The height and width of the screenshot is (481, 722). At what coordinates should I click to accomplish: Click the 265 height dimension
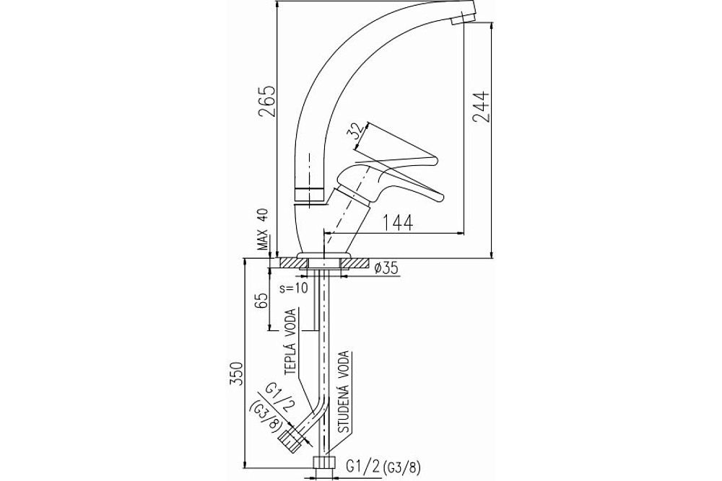267,102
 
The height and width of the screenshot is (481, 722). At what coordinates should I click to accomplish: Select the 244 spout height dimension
481,107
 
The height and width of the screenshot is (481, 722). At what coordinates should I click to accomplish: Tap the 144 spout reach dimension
397,223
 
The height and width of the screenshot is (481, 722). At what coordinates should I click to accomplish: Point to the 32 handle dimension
354,131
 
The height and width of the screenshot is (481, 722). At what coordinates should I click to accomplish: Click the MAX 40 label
263,228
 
